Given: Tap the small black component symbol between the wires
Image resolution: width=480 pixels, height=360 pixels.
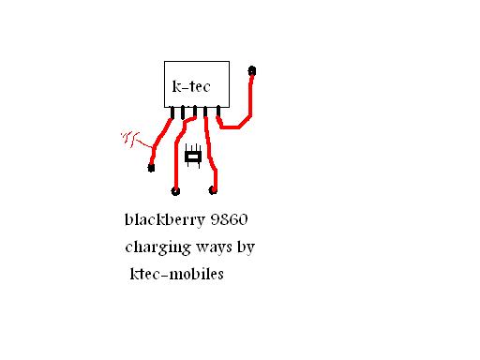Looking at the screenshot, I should click(x=194, y=157).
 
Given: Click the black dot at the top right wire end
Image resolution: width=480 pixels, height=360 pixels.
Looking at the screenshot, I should click(x=251, y=70).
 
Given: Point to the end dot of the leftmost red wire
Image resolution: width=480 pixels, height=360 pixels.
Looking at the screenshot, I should click(x=151, y=168).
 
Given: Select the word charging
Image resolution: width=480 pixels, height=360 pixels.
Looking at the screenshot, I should click(x=157, y=249).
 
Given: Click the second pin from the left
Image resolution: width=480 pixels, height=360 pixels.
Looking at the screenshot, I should click(x=184, y=112).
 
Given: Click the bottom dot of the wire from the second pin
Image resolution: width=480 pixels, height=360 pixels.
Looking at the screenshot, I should click(x=175, y=190).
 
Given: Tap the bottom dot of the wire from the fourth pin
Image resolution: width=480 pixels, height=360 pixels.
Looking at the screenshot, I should click(x=213, y=190).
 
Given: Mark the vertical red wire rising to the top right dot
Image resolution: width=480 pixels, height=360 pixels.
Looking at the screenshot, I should click(x=250, y=94).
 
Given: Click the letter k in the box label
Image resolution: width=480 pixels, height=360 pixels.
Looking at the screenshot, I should click(x=177, y=86).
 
